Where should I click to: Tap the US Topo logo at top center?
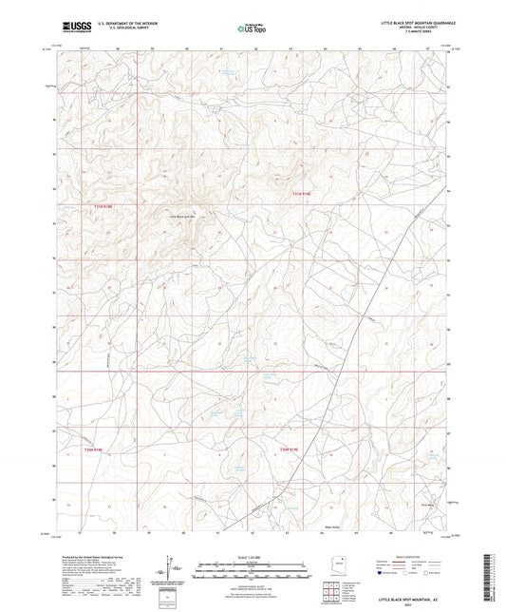coord(252,29)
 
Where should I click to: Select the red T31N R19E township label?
coord(300,196)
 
